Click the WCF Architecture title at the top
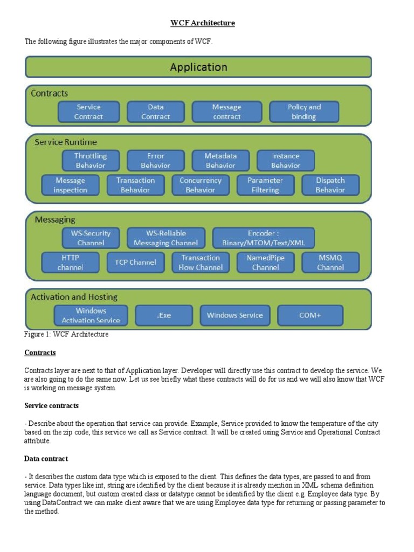[203, 23]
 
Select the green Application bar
[198, 67]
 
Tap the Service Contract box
[88, 112]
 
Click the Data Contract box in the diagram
[155, 112]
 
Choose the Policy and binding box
[304, 112]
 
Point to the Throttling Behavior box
[91, 161]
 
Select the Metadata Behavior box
[220, 161]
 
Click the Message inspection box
[71, 185]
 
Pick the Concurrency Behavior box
[201, 185]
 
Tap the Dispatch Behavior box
[330, 185]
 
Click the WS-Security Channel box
[91, 238]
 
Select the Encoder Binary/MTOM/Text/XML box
[263, 238]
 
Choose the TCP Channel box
[135, 263]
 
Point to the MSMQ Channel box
[330, 263]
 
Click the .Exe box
[164, 315]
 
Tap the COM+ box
[310, 315]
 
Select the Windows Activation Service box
[91, 315]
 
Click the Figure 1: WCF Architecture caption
[67, 334]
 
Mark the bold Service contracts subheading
[52, 405]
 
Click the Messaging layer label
[55, 220]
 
